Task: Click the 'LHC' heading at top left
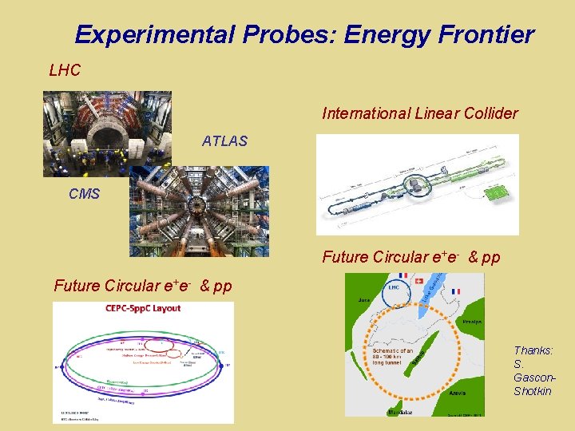coord(65,70)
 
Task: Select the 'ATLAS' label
coord(224,141)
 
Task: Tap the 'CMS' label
coord(84,194)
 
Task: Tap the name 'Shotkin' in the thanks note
coord(532,390)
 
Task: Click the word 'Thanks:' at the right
coord(533,350)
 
